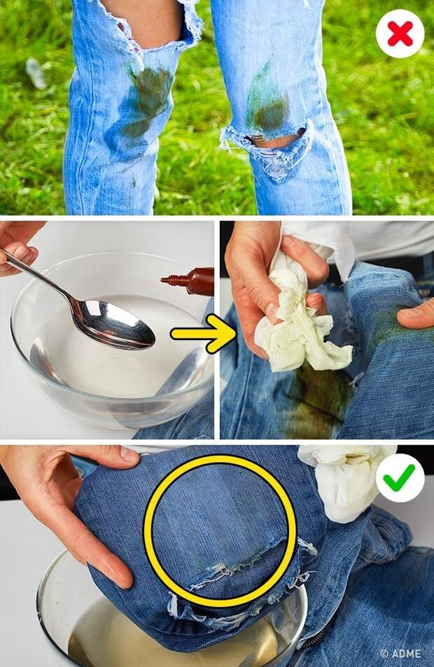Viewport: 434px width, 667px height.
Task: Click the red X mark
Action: click(x=400, y=34)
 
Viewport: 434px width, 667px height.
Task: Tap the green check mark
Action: click(x=399, y=477)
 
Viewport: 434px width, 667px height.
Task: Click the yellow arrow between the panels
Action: click(x=204, y=334)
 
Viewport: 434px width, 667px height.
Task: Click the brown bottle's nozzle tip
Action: click(x=163, y=279)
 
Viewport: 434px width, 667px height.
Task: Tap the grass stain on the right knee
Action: click(x=266, y=102)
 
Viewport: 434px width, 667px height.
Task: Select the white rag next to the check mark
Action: click(x=346, y=481)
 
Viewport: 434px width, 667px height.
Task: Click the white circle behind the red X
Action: click(x=400, y=34)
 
